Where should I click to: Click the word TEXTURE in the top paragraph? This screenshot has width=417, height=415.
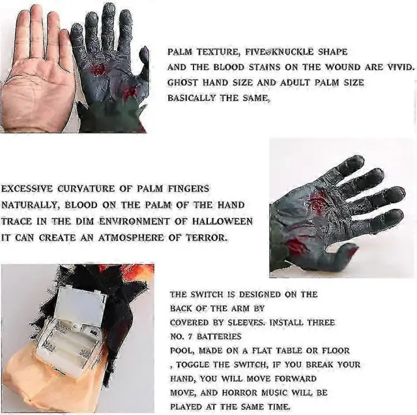point(218,52)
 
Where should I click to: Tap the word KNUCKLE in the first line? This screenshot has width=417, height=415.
point(294,52)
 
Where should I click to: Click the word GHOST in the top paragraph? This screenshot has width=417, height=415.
point(182,83)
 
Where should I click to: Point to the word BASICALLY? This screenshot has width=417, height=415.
point(191,98)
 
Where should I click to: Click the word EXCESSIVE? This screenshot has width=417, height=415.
point(27,189)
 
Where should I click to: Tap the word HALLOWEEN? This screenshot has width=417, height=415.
point(222,221)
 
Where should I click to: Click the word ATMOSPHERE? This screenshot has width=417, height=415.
point(131,237)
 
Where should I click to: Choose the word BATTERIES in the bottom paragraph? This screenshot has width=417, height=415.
point(219,337)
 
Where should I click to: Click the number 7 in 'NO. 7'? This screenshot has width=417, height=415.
point(190,337)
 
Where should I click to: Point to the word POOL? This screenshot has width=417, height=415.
point(181,351)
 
